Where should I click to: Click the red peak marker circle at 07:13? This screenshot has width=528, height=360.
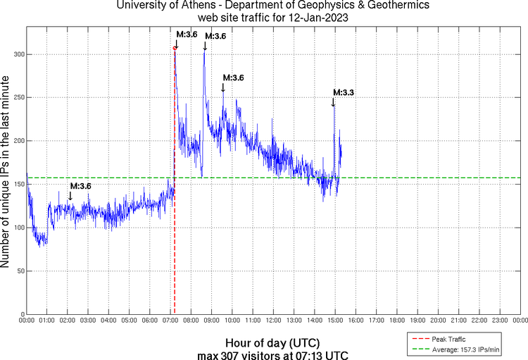click(x=175, y=48)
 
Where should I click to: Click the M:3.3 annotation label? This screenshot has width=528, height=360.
click(x=343, y=92)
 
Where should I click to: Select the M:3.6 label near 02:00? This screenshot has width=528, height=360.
click(x=80, y=186)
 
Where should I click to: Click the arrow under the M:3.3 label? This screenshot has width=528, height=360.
click(x=334, y=102)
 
